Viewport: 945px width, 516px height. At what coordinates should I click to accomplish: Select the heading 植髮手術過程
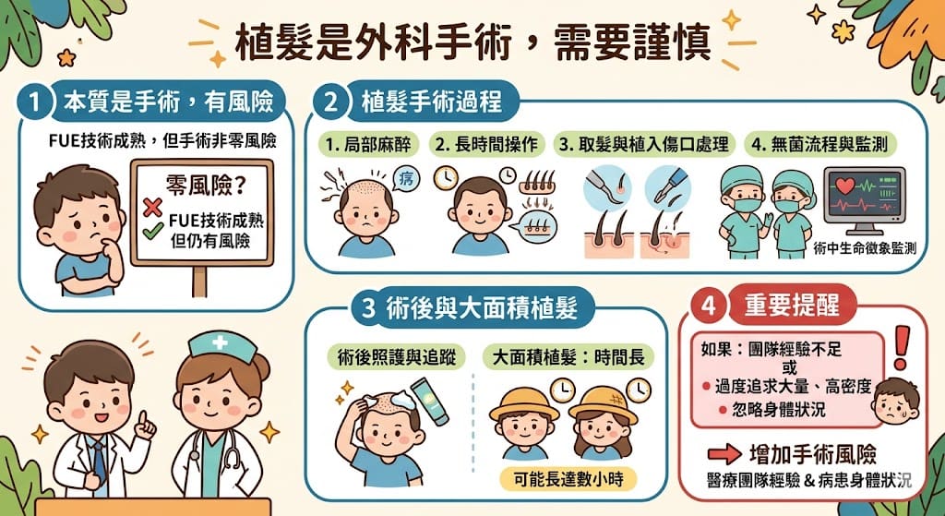[x=431, y=102]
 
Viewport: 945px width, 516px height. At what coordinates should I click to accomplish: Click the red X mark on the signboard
[x=152, y=207]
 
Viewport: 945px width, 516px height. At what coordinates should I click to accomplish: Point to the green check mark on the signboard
[x=153, y=230]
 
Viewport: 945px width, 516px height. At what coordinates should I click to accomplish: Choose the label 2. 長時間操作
[x=487, y=145]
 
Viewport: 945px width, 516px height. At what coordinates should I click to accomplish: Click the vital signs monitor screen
[x=865, y=196]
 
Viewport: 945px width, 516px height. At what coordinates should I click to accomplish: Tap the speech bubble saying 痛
[x=405, y=177]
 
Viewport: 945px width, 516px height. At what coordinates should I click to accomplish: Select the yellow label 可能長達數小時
[x=568, y=479]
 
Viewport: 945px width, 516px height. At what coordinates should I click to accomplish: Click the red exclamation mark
[x=901, y=348]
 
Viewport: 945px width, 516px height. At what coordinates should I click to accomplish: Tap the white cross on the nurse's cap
[x=220, y=342]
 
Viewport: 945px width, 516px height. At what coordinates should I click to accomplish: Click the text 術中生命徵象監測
[x=864, y=247]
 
